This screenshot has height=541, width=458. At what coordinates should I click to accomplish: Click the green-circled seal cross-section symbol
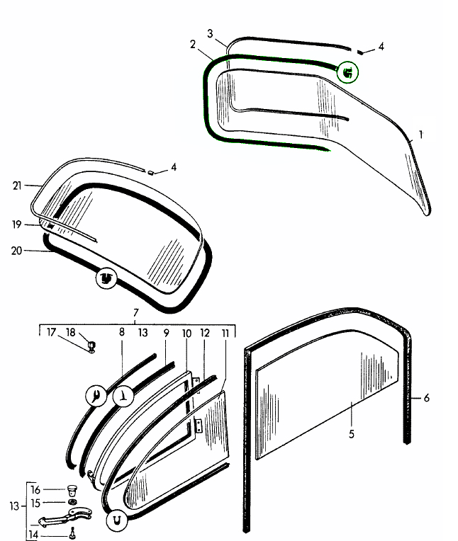347,72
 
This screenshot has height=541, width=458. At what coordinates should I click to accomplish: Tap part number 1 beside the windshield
421,134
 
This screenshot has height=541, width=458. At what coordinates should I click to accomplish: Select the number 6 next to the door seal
426,398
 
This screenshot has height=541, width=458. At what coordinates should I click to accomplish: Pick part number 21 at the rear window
17,186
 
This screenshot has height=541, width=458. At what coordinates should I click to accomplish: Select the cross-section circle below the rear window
106,279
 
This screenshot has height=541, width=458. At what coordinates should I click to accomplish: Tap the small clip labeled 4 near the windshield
362,51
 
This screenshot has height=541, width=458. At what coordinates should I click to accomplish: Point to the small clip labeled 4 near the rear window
150,171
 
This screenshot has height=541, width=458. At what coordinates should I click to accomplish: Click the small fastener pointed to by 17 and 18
91,346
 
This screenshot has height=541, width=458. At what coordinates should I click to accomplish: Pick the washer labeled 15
72,503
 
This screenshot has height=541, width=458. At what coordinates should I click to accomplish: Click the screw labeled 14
72,533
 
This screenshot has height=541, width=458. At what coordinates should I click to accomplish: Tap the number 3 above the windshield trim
210,33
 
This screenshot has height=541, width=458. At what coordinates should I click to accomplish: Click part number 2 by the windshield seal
192,45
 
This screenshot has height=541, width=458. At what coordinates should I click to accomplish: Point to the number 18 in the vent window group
70,332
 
